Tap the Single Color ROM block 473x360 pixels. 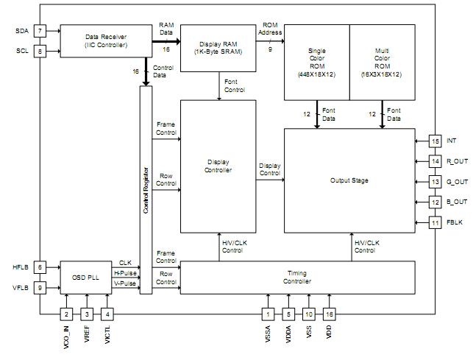pos(317,63)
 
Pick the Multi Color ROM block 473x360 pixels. pos(382,63)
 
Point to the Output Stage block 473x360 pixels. pos(349,180)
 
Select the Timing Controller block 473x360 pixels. pos(296,277)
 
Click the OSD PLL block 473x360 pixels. pos(86,277)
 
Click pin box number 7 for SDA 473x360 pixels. pos(40,31)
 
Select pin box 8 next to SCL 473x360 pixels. pos(40,52)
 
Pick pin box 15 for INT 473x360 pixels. pos(435,140)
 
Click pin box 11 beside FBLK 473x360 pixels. pos(435,222)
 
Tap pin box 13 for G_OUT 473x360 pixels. pos(435,181)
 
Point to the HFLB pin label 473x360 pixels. pos(20,267)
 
